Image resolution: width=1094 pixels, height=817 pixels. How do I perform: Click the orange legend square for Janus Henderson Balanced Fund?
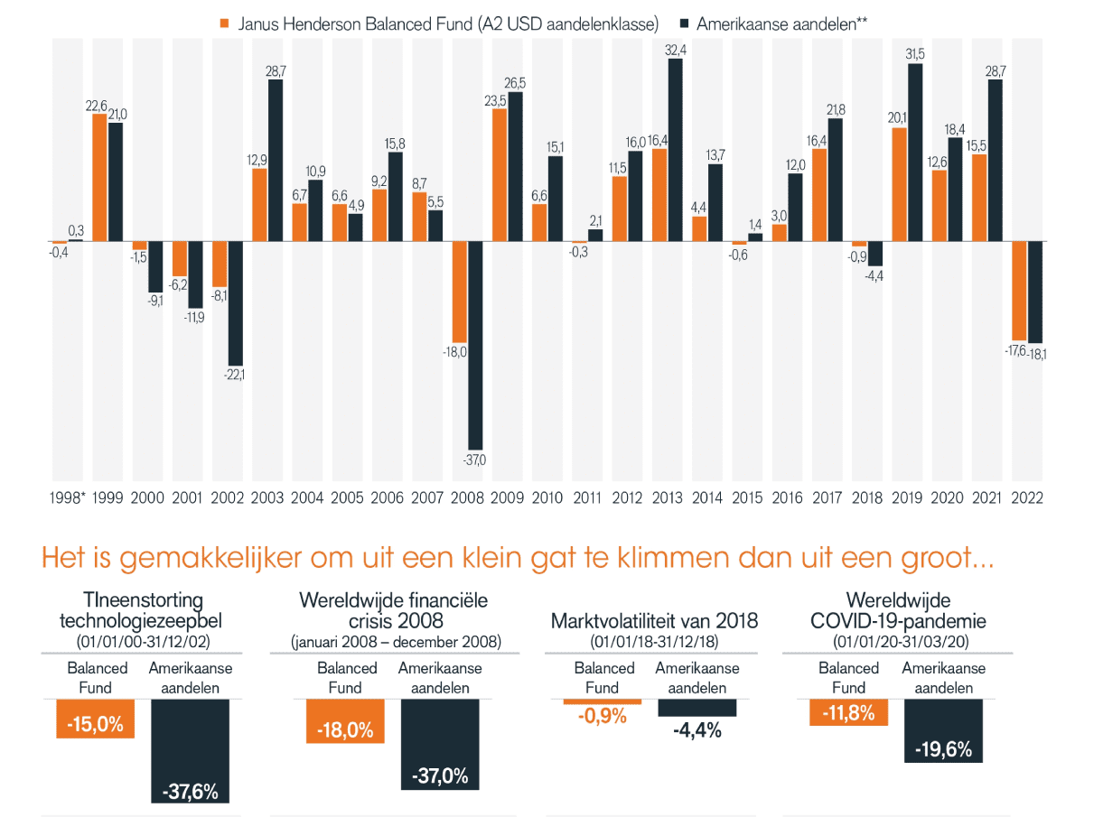(225, 23)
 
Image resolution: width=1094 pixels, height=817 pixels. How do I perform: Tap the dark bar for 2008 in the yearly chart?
(475, 345)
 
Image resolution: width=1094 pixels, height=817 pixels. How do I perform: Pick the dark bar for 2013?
(676, 150)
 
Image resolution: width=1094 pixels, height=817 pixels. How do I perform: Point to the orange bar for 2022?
(1019, 290)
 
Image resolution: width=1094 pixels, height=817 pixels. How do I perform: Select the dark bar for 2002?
(236, 302)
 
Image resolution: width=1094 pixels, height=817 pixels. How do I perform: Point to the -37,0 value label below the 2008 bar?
(473, 460)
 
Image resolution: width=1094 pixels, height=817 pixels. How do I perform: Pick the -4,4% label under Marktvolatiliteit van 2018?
(697, 730)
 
